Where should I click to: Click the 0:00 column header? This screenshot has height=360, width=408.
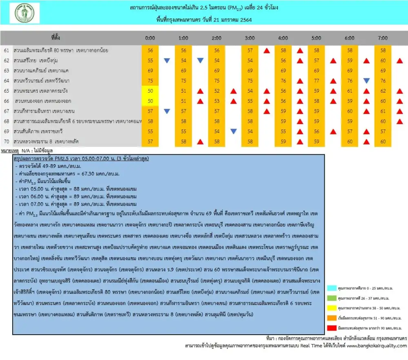point(150,38)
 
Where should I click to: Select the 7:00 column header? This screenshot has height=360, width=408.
point(383,38)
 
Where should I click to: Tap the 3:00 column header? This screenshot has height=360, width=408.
point(250,38)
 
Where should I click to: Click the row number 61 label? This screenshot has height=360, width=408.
point(6,50)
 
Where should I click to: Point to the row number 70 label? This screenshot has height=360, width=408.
point(6,141)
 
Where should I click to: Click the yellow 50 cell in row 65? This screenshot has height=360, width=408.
point(150,91)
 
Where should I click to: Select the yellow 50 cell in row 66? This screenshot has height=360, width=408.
point(150,101)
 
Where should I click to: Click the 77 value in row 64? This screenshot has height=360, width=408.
point(316,81)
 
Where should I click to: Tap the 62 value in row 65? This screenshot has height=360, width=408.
point(383,91)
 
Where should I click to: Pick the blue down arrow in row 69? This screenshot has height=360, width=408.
point(233,131)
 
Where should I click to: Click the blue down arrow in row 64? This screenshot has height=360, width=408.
point(366,81)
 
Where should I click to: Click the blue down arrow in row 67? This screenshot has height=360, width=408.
point(167,111)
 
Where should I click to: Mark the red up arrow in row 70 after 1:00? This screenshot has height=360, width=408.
point(200,142)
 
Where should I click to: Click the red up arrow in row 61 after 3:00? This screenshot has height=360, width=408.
point(266,51)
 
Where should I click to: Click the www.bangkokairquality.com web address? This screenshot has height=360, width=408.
point(377,346)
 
